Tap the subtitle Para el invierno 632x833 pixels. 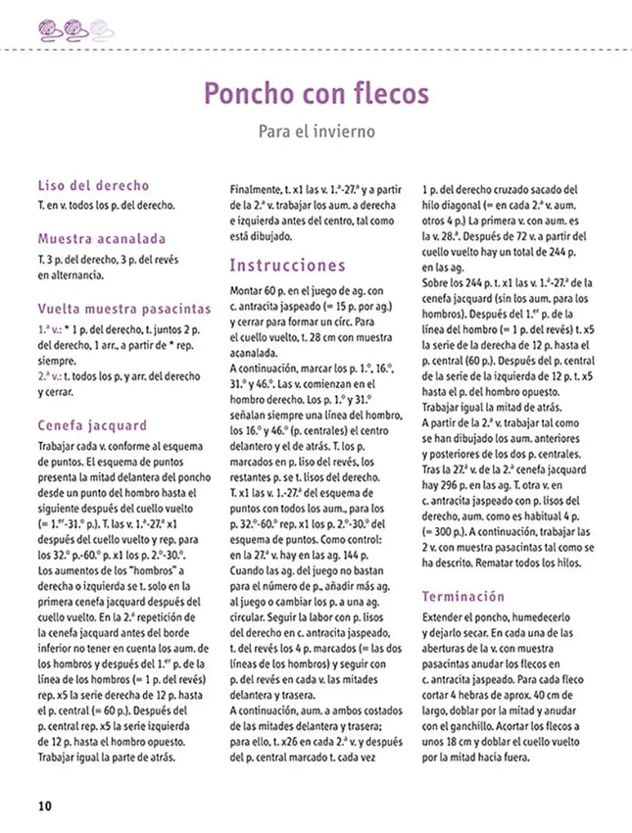coord(316,130)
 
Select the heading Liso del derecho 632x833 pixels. coord(93,185)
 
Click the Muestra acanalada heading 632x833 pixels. coord(102,238)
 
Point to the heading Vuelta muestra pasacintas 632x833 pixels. coord(123,307)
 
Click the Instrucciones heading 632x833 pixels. coord(287,266)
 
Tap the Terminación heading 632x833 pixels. coord(463,596)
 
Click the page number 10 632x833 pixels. coord(44,807)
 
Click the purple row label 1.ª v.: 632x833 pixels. coord(53,329)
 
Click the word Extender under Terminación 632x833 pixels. coord(446,620)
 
